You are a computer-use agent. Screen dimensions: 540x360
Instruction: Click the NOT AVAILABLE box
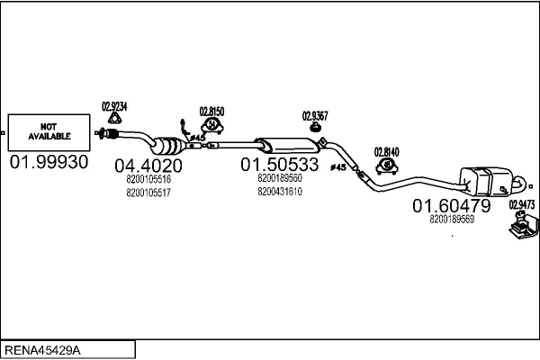click(49, 131)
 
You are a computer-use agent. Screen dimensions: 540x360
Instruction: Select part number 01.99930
click(49, 162)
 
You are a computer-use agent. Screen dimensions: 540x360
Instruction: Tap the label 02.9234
click(114, 106)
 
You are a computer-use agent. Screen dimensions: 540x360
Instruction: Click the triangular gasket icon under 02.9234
click(115, 117)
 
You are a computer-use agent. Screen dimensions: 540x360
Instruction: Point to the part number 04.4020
click(148, 166)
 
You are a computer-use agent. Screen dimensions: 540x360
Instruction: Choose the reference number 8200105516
click(148, 179)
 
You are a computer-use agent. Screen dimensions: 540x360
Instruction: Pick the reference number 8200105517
click(148, 192)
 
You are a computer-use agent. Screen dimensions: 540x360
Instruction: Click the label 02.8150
click(211, 112)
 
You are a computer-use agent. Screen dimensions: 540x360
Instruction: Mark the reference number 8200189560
click(279, 178)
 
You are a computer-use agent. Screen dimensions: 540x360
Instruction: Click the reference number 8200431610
click(279, 191)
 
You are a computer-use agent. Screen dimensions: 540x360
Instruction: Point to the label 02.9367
click(315, 115)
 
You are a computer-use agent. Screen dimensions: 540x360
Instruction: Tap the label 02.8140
click(386, 152)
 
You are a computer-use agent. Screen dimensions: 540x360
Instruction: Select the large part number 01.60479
click(452, 206)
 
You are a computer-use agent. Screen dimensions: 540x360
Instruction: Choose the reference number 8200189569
click(452, 219)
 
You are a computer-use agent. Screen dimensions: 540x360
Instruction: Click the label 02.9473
click(521, 204)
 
